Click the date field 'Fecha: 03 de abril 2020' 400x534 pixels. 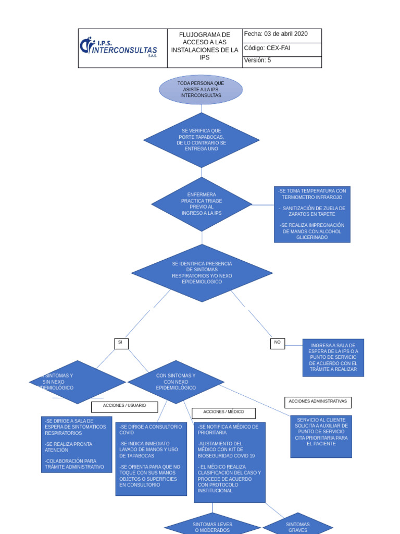282,35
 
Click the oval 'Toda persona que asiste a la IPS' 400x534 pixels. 201,90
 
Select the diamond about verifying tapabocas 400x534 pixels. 201,140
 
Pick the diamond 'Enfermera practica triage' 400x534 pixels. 202,204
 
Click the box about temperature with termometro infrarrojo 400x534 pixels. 312,214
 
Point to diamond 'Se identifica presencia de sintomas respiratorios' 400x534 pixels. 202,273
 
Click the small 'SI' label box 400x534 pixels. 121,343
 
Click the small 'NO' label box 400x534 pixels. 278,343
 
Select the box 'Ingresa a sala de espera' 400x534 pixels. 333,357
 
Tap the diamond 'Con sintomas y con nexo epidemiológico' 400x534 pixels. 176,382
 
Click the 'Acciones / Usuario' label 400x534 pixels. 124,406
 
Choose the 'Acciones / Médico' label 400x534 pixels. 223,412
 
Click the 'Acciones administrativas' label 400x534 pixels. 318,402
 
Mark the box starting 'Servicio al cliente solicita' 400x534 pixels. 321,436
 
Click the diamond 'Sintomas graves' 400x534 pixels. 298,526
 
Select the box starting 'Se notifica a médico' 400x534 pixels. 229,462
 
